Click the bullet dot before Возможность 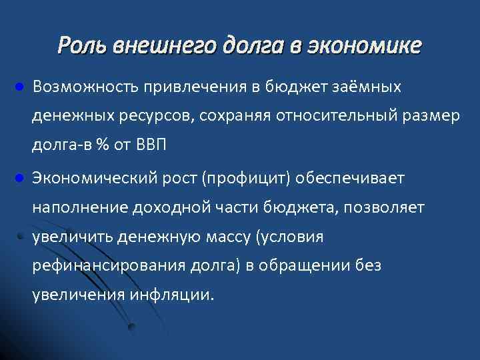point(20,87)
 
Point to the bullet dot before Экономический point(20,179)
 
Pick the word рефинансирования point(99,266)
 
